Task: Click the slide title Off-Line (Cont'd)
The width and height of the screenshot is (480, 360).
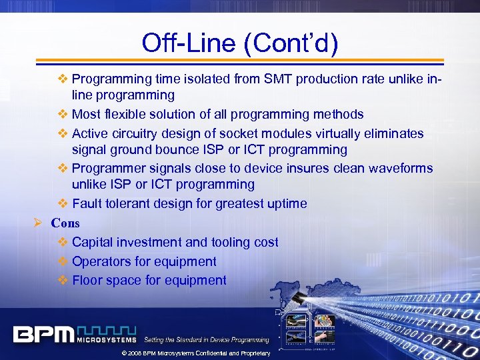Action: [240, 43]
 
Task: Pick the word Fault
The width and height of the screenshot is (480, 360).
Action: [87, 204]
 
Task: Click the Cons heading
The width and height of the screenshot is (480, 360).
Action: [65, 223]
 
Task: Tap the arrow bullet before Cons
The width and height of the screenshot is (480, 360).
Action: [39, 223]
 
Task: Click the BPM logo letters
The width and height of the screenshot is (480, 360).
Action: [43, 333]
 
